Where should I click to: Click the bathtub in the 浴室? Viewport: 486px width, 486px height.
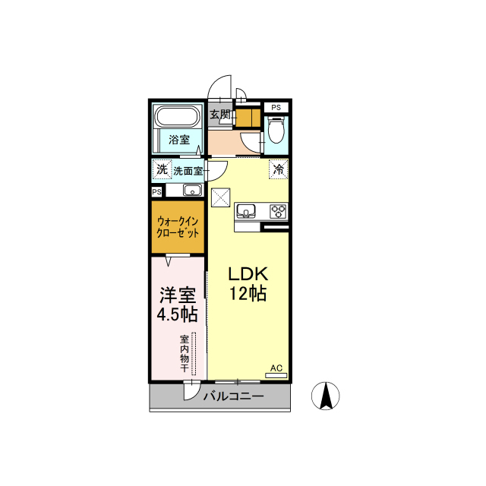(x=177, y=116)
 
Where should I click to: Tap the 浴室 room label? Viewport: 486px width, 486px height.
(x=179, y=140)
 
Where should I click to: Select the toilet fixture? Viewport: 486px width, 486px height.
(x=276, y=130)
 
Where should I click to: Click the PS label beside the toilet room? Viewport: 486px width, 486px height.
(x=276, y=108)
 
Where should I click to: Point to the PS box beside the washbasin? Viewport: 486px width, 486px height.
(x=157, y=192)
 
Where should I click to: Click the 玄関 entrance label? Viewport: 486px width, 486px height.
(x=220, y=115)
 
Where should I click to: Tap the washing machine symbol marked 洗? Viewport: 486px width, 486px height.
(x=162, y=169)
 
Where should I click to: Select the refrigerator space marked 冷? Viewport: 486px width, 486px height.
(x=279, y=169)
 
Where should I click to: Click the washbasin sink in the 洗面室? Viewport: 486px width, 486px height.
(x=192, y=190)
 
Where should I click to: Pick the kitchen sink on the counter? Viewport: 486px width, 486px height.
(x=246, y=211)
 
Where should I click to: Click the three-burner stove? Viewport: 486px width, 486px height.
(x=279, y=211)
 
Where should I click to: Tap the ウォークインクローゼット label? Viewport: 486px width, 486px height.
(x=178, y=227)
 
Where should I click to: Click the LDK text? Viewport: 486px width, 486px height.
(x=248, y=274)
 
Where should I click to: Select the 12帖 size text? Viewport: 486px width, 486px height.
(x=248, y=293)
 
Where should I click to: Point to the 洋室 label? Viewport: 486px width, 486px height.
(x=178, y=295)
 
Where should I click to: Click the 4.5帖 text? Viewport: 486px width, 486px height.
(x=177, y=314)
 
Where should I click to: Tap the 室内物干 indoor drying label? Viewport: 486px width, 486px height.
(x=185, y=353)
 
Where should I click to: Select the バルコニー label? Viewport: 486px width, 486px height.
(x=234, y=396)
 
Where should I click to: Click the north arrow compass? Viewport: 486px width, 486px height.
(x=326, y=396)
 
